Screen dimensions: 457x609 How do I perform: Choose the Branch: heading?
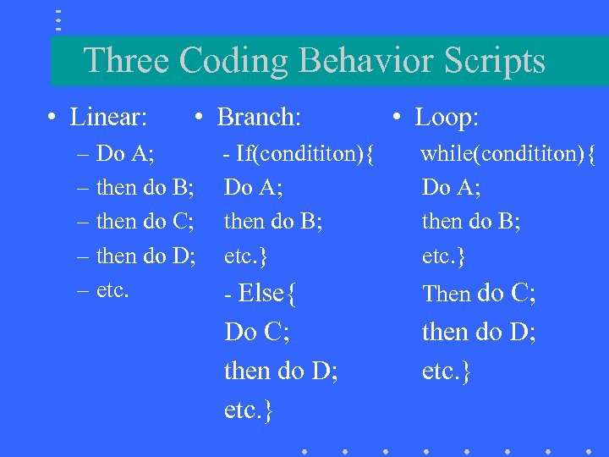pos(259,117)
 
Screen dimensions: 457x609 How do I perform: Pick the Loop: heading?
pos(447,117)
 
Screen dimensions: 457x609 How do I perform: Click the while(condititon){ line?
pos(508,154)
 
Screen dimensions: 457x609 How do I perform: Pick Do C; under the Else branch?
pos(256,332)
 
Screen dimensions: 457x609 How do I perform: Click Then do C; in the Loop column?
pos(479,294)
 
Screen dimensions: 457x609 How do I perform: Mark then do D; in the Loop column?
pos(479,332)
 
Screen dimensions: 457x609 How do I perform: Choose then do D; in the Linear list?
pos(146,255)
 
